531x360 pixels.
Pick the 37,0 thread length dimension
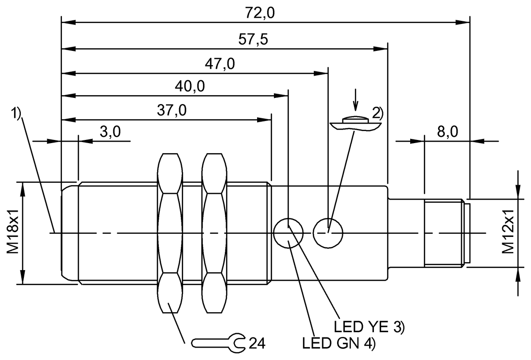coord(172,111)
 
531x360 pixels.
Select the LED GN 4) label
coord(339,343)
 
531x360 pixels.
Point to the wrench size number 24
coord(257,343)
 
